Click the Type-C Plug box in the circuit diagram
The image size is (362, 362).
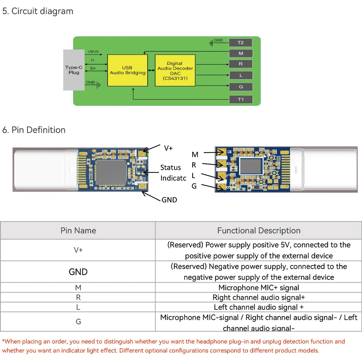[x=74, y=70]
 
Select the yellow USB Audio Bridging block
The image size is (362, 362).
[x=127, y=70]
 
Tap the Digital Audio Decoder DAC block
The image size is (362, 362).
[x=175, y=70]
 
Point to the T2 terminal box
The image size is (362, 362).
[x=240, y=43]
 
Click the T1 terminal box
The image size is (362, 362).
[x=240, y=100]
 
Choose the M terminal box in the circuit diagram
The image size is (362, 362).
[x=240, y=54]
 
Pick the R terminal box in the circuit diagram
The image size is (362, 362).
[x=240, y=64]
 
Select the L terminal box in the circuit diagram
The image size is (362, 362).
[x=240, y=76]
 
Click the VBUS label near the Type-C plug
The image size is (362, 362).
[x=93, y=52]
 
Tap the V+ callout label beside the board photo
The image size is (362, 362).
[x=168, y=148]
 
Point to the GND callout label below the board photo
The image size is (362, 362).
[x=169, y=199]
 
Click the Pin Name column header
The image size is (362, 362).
[x=78, y=231]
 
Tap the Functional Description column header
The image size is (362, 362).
[x=258, y=231]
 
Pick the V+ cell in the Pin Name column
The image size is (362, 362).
[x=78, y=250]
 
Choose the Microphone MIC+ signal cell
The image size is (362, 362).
[x=258, y=288]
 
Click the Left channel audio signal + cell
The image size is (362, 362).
[x=258, y=307]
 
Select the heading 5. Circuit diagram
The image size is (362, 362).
[x=38, y=11]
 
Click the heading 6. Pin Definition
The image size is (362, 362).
[x=34, y=130]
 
